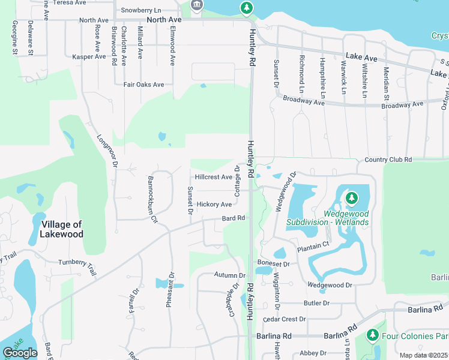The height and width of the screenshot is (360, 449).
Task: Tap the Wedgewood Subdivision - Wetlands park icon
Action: tap(352, 197)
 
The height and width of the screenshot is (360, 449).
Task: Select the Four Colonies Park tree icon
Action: tap(373, 335)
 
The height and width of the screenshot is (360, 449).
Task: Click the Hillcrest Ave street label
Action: tap(214, 178)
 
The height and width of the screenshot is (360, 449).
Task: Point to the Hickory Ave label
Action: tap(214, 205)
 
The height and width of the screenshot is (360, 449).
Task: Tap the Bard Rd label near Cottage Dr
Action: tap(234, 218)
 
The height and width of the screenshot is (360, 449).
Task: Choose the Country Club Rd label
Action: tap(388, 160)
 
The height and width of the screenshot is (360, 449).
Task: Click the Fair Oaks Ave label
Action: tap(144, 85)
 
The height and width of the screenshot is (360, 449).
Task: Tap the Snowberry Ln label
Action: tap(141, 11)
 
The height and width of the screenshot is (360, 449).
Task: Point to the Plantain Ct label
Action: tap(313, 245)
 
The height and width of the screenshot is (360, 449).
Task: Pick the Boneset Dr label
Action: tap(274, 263)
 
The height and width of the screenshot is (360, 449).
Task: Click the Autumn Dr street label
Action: tap(230, 275)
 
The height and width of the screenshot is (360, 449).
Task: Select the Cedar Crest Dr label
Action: tap(285, 319)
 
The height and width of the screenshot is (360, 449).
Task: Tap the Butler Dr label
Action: tap(316, 304)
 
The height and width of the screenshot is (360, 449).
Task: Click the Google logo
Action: tap(20, 353)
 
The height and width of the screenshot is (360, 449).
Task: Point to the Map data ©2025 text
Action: tap(424, 355)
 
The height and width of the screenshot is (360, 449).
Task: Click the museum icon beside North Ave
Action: tap(196, 6)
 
